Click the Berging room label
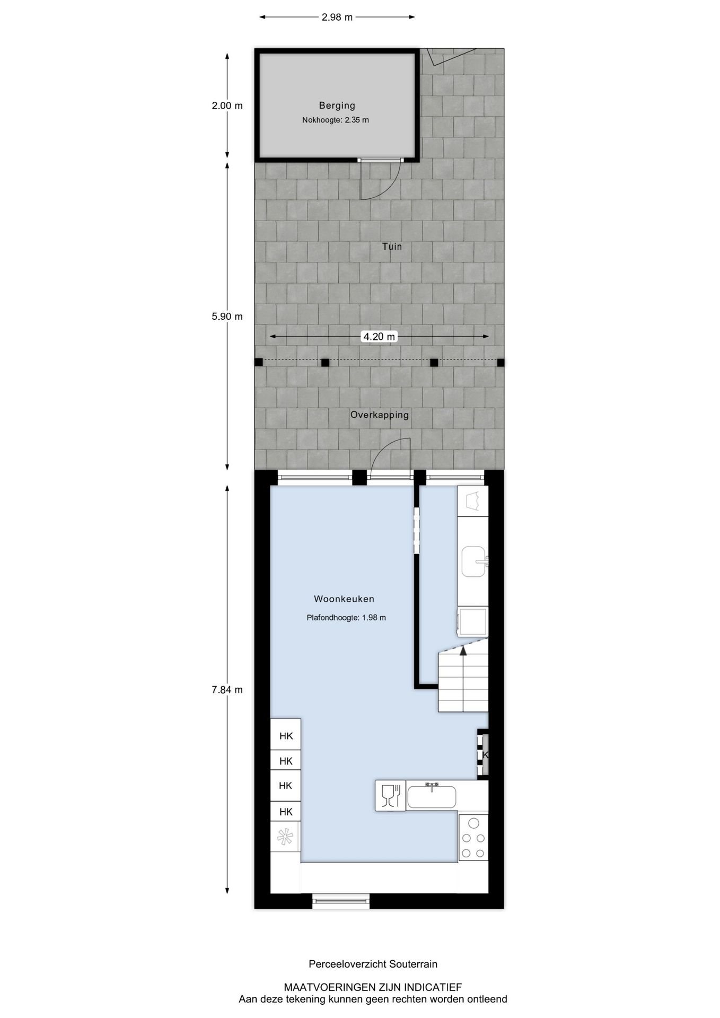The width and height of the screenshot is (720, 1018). (x=337, y=106)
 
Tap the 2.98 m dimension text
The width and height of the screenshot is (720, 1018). (x=337, y=17)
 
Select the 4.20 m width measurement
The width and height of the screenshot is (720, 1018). (x=379, y=337)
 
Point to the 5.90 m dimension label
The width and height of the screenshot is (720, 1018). (x=227, y=317)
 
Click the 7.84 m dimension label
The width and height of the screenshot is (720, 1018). (x=227, y=690)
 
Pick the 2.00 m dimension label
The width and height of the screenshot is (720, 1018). (x=227, y=106)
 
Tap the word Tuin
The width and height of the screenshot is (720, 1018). (x=392, y=246)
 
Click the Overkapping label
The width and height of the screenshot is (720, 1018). (x=379, y=415)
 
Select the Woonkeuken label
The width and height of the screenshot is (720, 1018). (x=344, y=599)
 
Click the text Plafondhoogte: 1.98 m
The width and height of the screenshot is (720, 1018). (x=346, y=617)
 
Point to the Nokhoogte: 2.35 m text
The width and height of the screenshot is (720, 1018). (x=336, y=120)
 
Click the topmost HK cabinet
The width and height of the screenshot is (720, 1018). (x=286, y=735)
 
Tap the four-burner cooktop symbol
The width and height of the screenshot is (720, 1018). (x=473, y=838)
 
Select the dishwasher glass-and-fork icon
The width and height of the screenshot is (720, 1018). (x=390, y=795)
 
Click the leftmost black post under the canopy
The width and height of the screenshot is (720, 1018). (x=259, y=362)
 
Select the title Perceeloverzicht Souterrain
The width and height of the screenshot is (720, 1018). (x=373, y=964)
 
